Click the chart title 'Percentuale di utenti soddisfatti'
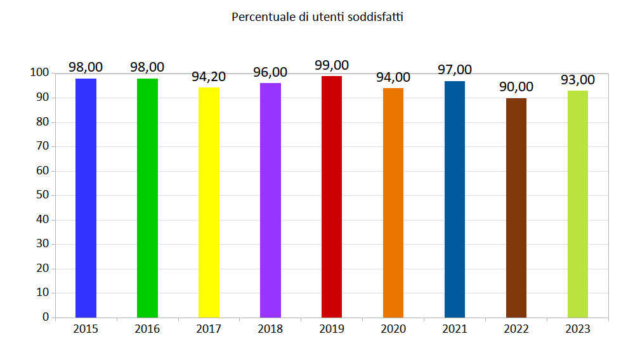pyautogui.click(x=317, y=17)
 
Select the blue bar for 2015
pyautogui.click(x=86, y=198)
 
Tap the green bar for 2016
pyautogui.click(x=147, y=198)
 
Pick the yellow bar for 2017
pyautogui.click(x=209, y=202)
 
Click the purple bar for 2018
pyautogui.click(x=270, y=200)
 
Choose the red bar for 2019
pyautogui.click(x=332, y=196)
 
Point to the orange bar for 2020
pyautogui.click(x=393, y=203)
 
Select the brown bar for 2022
pyautogui.click(x=516, y=208)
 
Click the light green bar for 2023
pyautogui.click(x=578, y=204)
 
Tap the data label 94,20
pyautogui.click(x=209, y=77)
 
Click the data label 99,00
pyautogui.click(x=332, y=65)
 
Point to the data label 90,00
pyautogui.click(x=516, y=87)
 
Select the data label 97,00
pyautogui.click(x=455, y=70)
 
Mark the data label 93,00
pyautogui.click(x=578, y=80)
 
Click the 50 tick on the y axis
pyautogui.click(x=42, y=195)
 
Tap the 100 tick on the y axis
pyautogui.click(x=39, y=73)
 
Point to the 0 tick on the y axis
pyautogui.click(x=46, y=317)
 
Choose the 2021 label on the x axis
pyautogui.click(x=455, y=329)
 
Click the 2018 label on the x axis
pyautogui.click(x=270, y=329)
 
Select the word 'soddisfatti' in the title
pyautogui.click(x=376, y=17)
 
